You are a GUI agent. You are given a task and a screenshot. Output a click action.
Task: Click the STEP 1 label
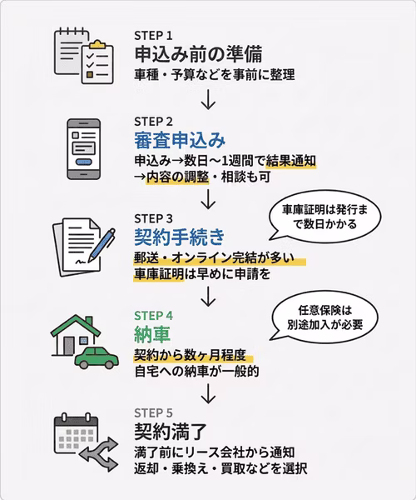coord(153,36)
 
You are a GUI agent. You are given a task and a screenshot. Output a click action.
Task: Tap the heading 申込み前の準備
coord(198,54)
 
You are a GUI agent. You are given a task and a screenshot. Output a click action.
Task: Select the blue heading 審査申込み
coord(180,141)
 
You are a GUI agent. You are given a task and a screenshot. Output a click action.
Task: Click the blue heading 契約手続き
coord(180,237)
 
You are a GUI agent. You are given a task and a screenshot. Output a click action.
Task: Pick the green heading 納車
coord(152,334)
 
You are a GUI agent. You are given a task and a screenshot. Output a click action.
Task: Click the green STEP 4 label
coord(153,316)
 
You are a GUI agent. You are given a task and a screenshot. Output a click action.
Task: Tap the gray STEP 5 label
coord(153,413)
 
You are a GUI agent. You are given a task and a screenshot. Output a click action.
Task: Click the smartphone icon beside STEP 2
coord(84,149)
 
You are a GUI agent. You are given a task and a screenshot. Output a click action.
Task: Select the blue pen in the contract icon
coord(102,245)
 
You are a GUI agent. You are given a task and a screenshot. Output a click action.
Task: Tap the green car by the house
coord(97,357)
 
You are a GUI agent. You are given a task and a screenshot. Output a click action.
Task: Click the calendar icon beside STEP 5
coord(76,434)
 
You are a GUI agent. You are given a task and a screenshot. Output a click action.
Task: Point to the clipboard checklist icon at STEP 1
coord(97,62)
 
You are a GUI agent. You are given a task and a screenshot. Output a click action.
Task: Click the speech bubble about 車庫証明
coord(325,217)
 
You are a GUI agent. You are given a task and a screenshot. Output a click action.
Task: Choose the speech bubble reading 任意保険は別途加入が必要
coord(325,317)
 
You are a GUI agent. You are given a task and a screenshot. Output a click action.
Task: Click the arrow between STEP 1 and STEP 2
coord(209,99)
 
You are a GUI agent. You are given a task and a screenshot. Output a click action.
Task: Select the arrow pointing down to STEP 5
coord(209,393)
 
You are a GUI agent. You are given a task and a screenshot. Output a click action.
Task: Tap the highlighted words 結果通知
coord(291,160)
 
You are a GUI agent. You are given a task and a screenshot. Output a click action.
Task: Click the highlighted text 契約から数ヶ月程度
coord(190,355)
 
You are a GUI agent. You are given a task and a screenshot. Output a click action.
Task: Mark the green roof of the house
coord(76,325)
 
